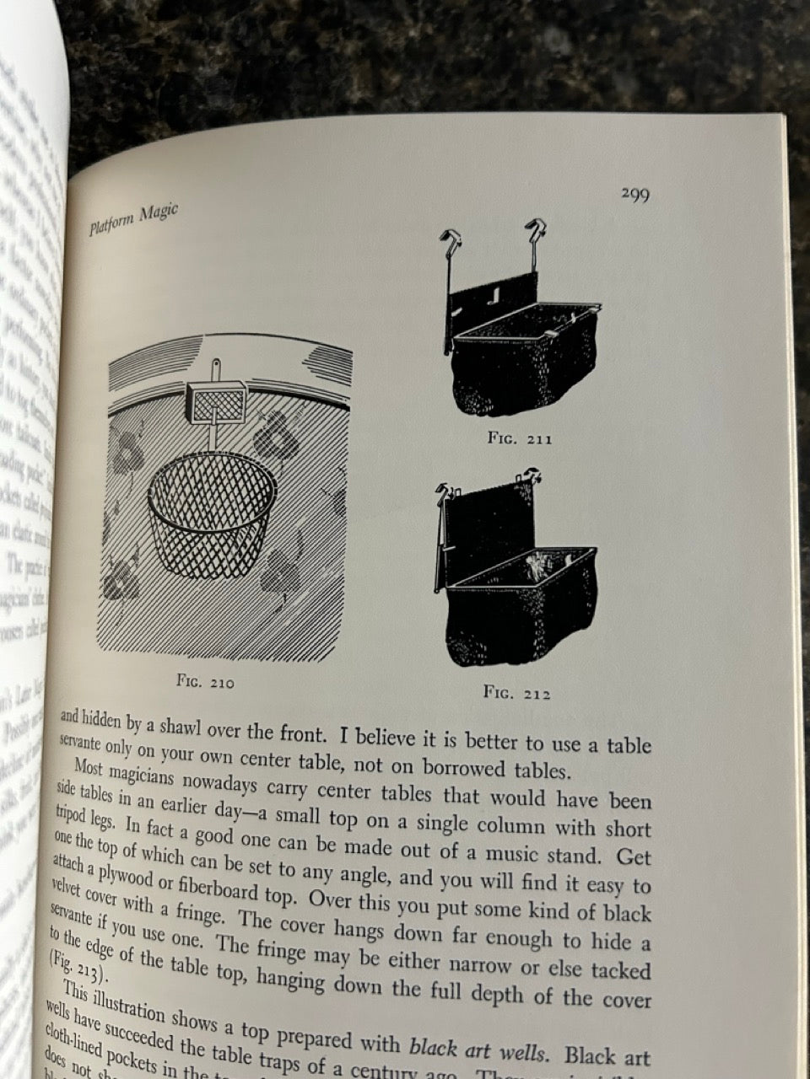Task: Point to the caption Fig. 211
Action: [520, 438]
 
